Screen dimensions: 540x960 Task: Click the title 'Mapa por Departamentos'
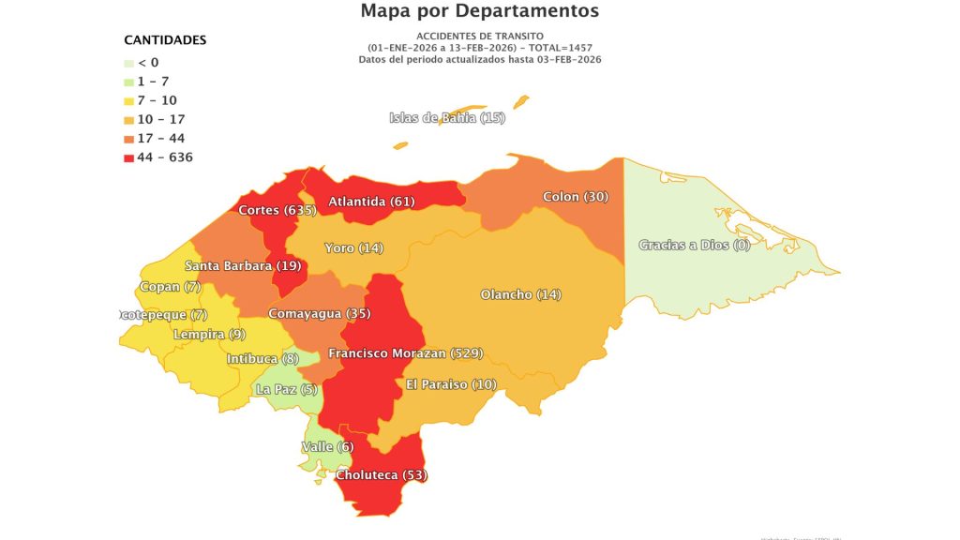(x=479, y=11)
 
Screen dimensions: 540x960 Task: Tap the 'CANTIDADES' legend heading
(x=165, y=40)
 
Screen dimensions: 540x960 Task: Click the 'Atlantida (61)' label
(x=371, y=202)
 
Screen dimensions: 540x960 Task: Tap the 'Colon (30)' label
(x=576, y=197)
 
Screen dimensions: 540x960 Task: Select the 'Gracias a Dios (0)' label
(x=695, y=245)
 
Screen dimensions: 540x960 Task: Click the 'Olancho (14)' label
(x=520, y=294)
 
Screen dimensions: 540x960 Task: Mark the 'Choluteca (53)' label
(x=381, y=475)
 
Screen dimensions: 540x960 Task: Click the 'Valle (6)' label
(x=327, y=447)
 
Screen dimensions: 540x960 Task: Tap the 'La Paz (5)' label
(x=287, y=388)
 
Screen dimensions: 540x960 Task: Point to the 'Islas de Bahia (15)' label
(x=447, y=118)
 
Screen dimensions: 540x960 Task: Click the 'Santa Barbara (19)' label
(x=242, y=265)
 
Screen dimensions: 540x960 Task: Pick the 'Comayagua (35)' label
(x=319, y=313)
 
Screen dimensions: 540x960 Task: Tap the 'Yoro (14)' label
(x=353, y=248)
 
